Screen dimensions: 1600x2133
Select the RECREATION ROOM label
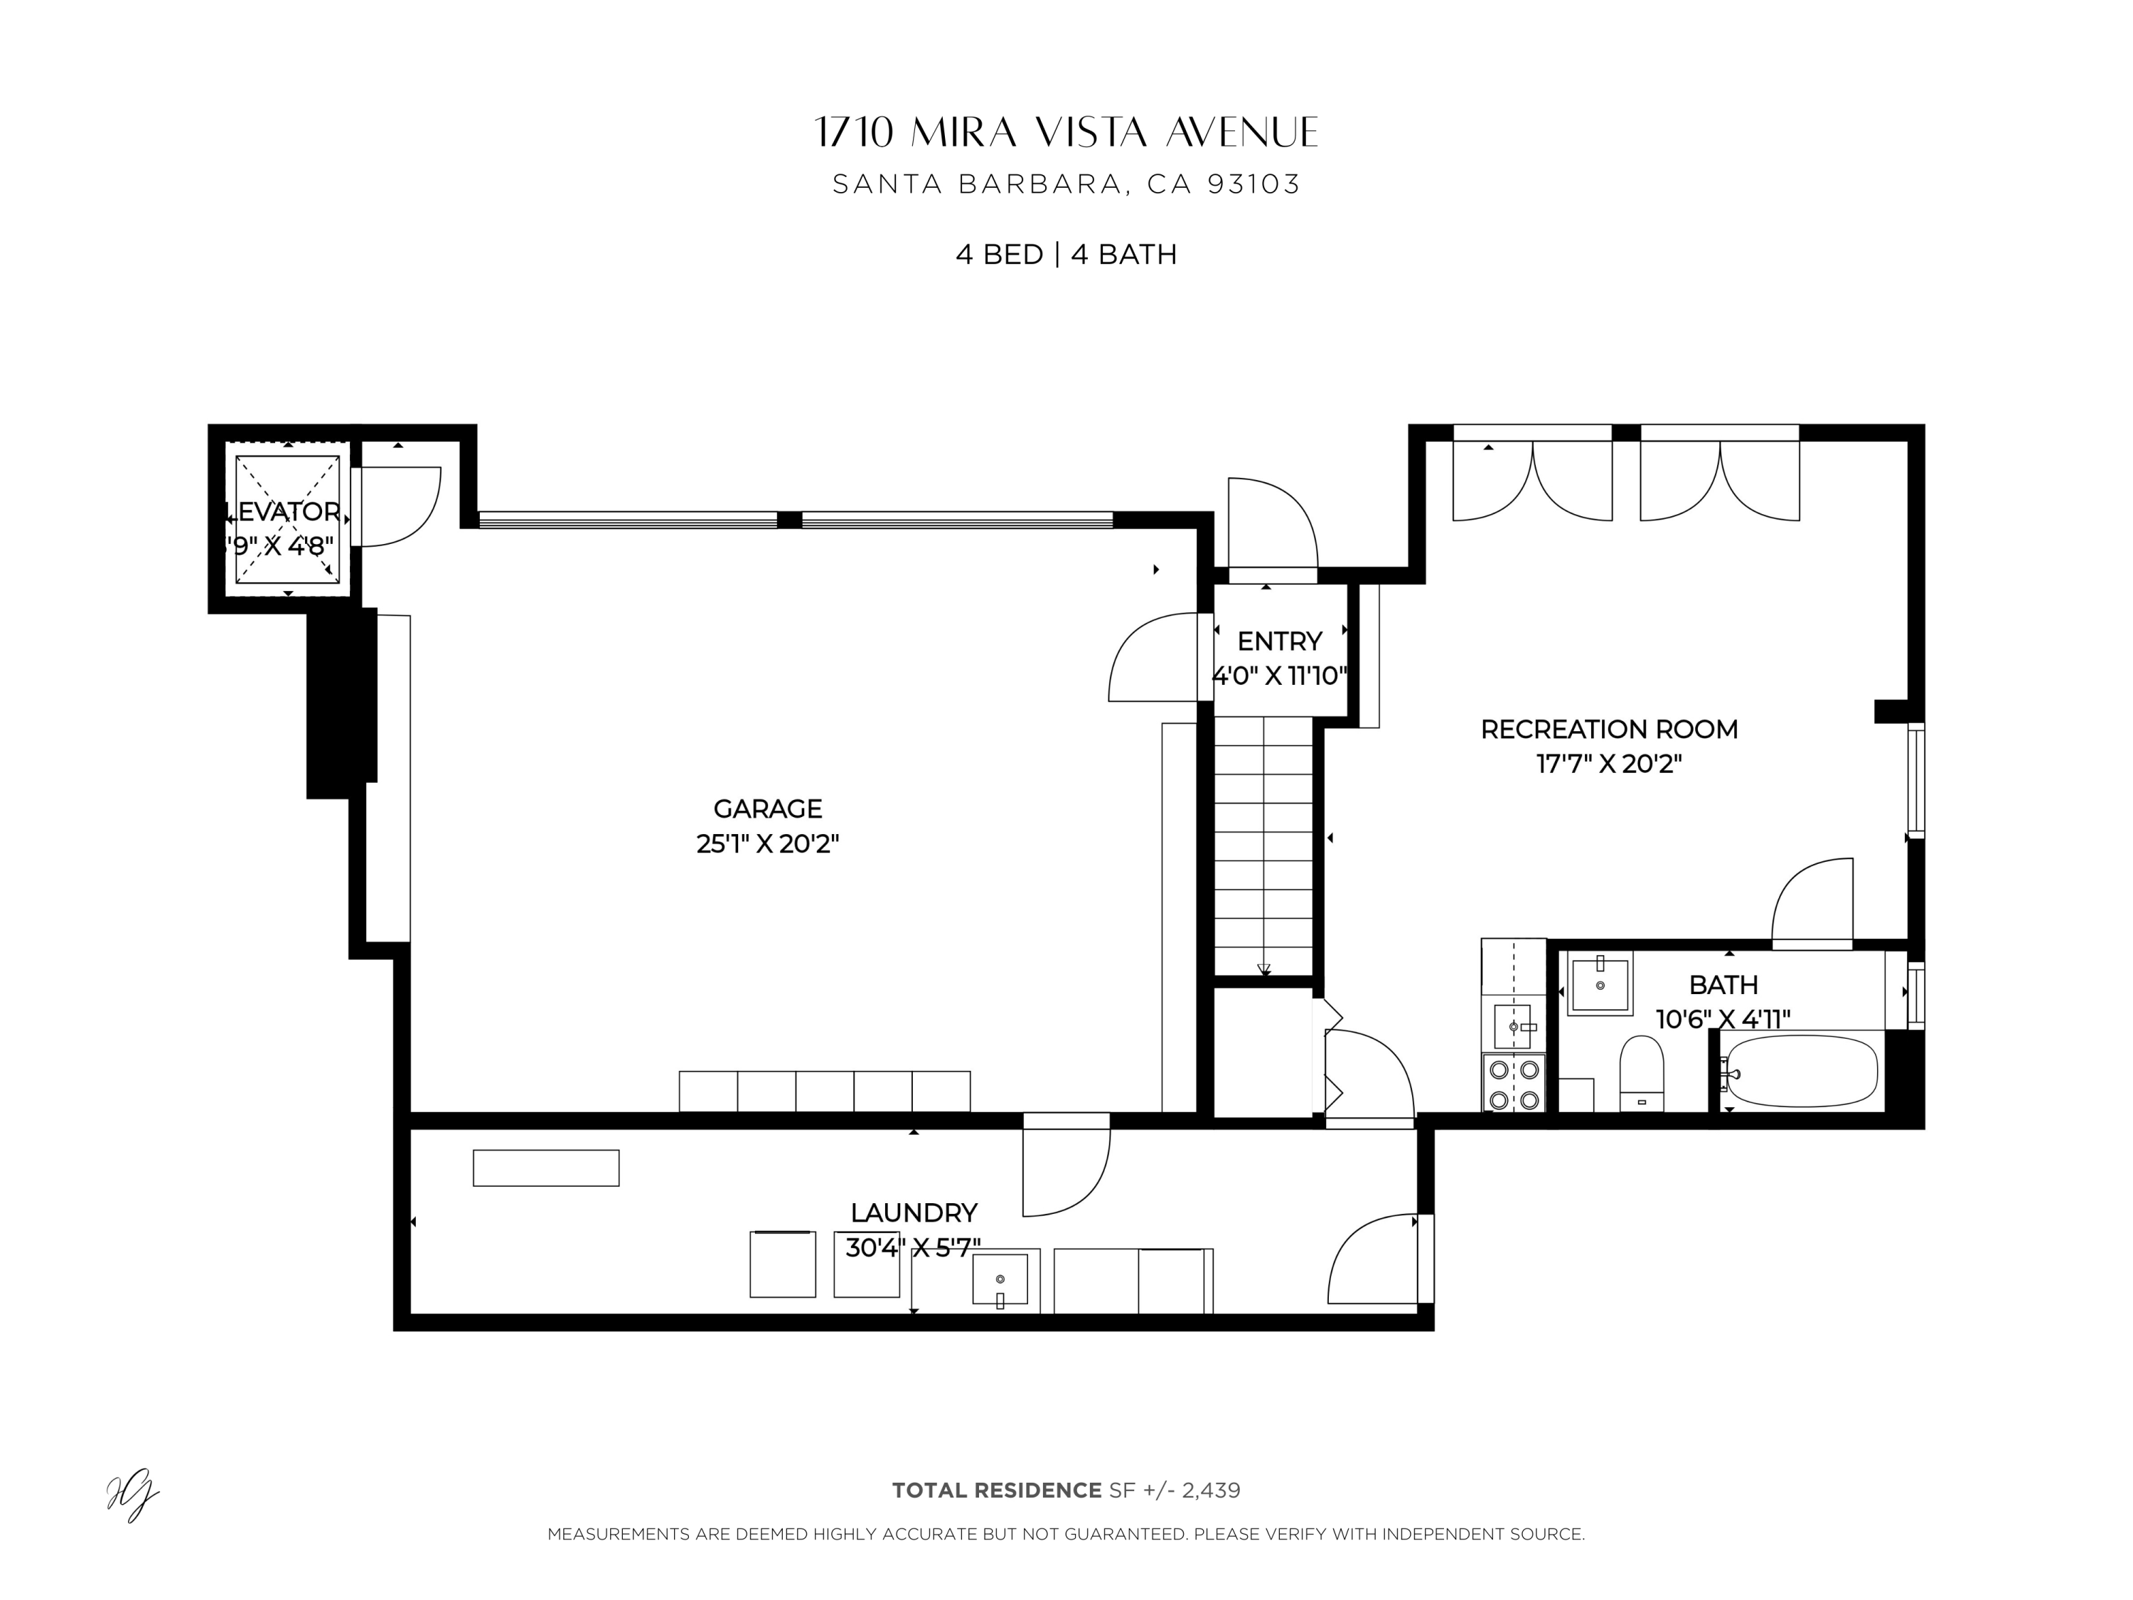coord(1608,729)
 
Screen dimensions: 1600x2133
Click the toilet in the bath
coord(1641,1073)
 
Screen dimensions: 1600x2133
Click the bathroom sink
coord(1600,983)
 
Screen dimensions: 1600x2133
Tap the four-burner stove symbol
coord(1513,1083)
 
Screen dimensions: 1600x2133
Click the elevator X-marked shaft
coord(287,519)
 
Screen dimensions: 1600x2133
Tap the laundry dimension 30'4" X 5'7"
coord(912,1248)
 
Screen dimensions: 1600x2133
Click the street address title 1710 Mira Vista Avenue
coord(1066,133)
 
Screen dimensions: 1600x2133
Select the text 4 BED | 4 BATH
coord(1066,255)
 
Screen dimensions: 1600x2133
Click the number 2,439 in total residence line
coord(1210,1490)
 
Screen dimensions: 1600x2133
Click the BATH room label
coord(1723,985)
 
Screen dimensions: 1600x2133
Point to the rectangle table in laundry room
coord(546,1168)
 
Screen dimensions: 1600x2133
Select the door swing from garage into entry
coord(1153,658)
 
